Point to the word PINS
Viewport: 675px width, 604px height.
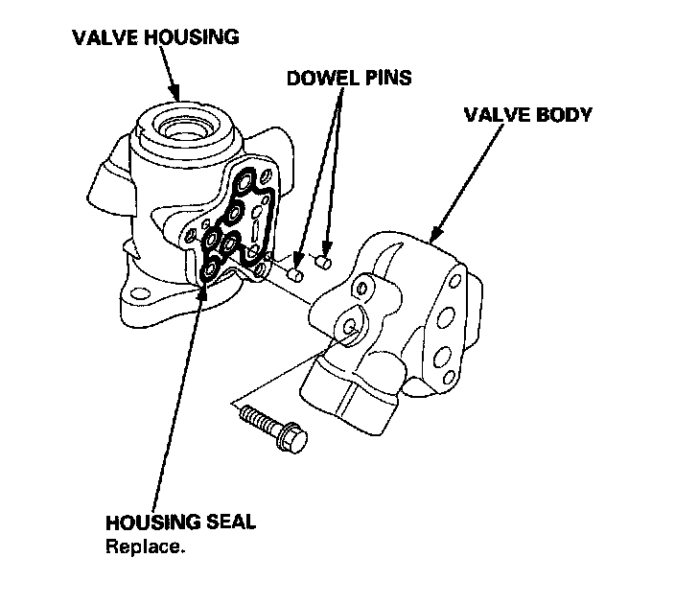[384, 78]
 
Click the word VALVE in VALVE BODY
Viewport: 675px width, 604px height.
[496, 115]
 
